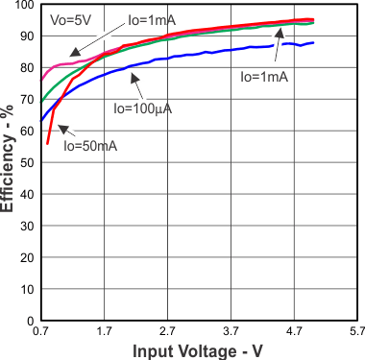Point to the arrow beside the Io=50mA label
pos(63,129)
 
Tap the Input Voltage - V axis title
pos(198,351)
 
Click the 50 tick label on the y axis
pos(27,163)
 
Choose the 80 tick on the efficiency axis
pos(27,68)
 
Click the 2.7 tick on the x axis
pos(167,331)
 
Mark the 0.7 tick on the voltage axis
pos(41,331)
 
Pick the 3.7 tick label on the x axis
pos(230,331)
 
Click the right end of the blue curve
pos(313,42)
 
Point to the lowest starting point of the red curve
pos(47,144)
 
